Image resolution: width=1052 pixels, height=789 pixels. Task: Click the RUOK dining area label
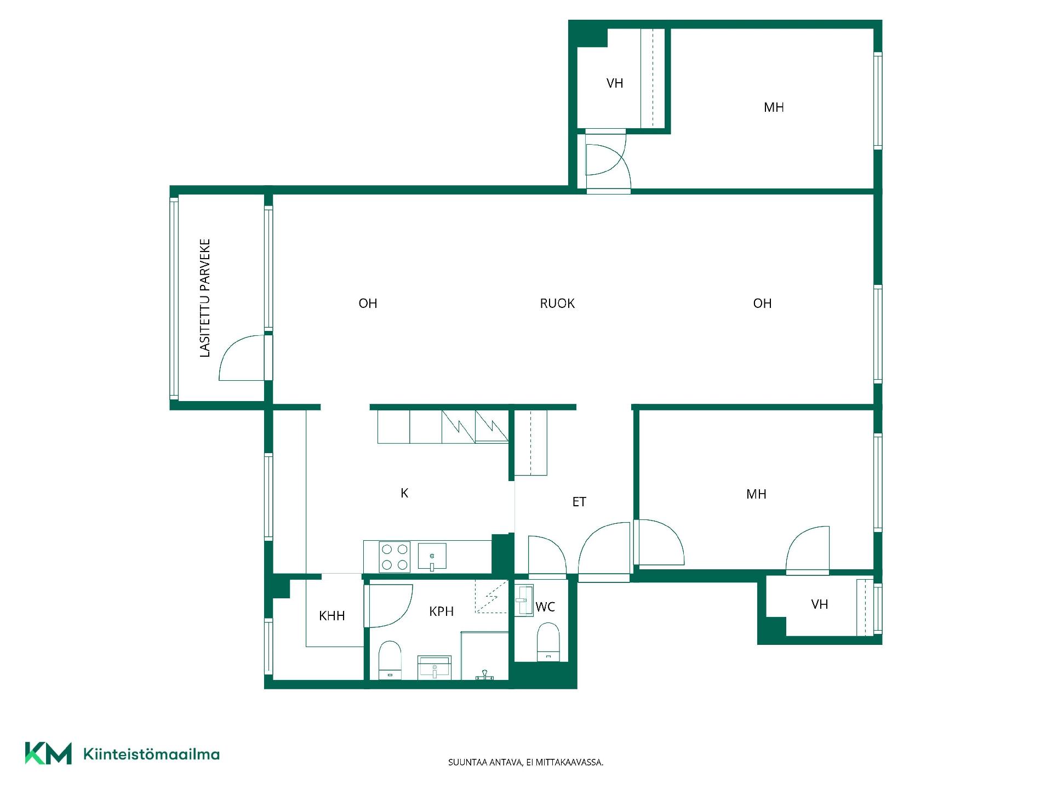(x=557, y=304)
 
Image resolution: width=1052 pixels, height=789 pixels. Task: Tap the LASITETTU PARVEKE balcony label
(x=205, y=298)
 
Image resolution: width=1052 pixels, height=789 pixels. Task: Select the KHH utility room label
(x=331, y=616)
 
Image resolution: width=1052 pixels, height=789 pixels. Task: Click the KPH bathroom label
(x=441, y=611)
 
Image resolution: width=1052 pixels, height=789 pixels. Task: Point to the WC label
(x=545, y=607)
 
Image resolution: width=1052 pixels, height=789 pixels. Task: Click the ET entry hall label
(x=579, y=502)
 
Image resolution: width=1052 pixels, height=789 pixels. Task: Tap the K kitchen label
(x=404, y=493)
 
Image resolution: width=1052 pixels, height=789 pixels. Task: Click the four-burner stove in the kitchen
(x=395, y=557)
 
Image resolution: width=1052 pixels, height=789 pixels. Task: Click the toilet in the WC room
(x=548, y=642)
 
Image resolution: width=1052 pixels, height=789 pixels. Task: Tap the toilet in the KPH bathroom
(x=390, y=660)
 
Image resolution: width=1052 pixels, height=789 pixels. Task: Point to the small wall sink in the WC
(x=524, y=601)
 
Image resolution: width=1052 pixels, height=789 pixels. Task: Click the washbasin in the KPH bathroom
(x=434, y=667)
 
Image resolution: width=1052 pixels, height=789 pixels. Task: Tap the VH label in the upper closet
(x=615, y=83)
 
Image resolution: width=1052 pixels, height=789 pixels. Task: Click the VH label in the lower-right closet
(x=820, y=604)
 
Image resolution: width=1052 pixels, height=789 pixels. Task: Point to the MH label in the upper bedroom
(x=774, y=107)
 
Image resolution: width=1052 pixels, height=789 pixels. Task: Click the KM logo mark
(x=48, y=753)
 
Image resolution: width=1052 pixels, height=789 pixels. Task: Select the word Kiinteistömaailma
(x=151, y=754)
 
